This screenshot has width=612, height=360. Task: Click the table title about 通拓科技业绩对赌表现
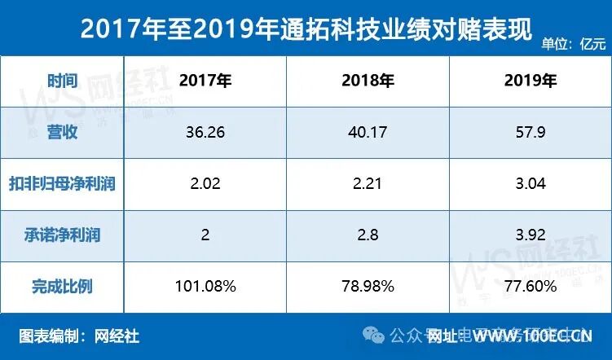306,30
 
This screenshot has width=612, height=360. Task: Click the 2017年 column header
205,81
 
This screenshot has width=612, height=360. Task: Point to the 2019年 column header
531,81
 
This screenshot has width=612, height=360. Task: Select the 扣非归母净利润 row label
62,183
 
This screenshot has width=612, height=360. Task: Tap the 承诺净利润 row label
62,235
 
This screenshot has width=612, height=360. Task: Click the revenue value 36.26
205,132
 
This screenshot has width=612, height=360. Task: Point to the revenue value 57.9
531,132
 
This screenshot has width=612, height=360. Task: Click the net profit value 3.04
531,183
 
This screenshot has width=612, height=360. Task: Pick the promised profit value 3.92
531,235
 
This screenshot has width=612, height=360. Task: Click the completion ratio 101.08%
205,286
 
